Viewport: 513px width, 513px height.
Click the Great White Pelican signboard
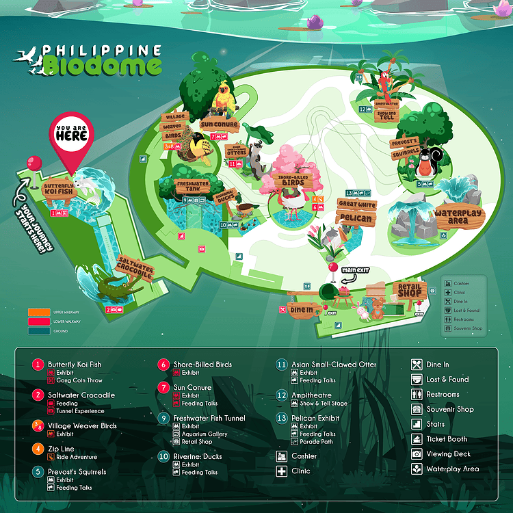point(356,212)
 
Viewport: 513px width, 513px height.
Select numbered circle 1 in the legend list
point(38,365)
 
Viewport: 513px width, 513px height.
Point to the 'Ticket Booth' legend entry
point(447,439)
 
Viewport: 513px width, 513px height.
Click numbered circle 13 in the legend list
point(281,418)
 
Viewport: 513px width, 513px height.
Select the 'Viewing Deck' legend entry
point(448,454)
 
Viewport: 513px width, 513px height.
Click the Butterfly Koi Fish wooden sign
point(58,189)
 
